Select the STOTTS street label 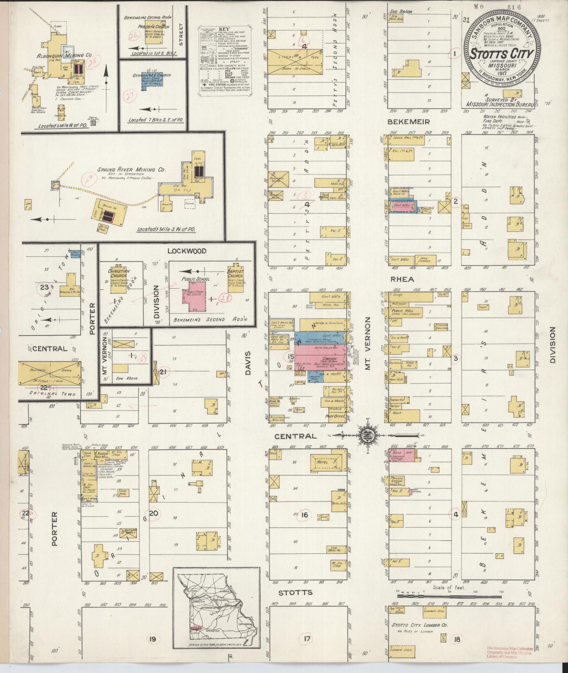coord(295,592)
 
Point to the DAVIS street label coord(248,362)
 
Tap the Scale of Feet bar coord(449,596)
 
